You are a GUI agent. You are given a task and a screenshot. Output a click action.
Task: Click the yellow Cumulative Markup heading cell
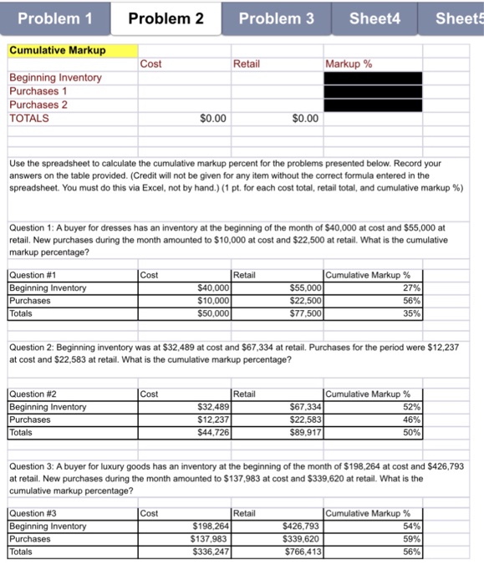[x=70, y=50]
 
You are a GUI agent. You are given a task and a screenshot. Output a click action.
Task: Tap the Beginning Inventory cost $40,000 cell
[x=185, y=287]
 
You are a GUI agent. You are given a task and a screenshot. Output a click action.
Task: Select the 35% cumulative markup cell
[x=373, y=314]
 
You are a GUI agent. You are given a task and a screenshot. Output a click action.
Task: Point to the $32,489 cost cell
[x=185, y=407]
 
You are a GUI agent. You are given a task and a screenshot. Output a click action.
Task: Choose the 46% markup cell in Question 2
[x=373, y=420]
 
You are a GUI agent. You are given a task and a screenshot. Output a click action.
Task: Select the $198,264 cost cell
[x=185, y=526]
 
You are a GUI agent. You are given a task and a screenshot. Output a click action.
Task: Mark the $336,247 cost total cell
[x=185, y=552]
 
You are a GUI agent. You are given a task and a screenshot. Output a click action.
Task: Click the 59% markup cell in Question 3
[x=373, y=539]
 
